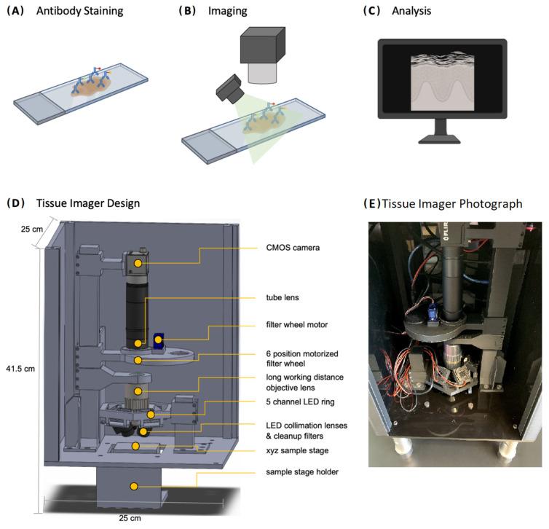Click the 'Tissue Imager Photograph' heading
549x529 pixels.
click(451, 203)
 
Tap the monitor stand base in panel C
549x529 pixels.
click(441, 139)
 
